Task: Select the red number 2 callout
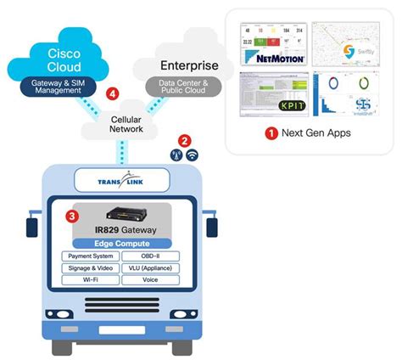(183, 140)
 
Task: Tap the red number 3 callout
(73, 217)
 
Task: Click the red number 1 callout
(271, 133)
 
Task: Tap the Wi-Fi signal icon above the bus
(192, 155)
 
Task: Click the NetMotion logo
(273, 58)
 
